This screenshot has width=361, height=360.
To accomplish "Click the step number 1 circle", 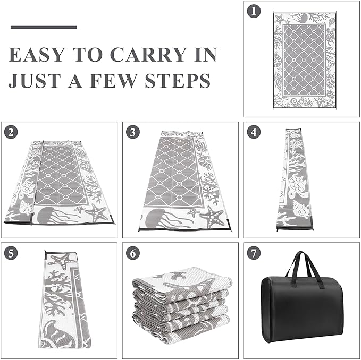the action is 254,12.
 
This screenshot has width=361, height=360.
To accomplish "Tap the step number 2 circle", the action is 11,132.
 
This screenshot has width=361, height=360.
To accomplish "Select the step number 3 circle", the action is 132,132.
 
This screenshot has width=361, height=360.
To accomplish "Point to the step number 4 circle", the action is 254,132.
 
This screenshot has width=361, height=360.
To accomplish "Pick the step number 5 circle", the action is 11,253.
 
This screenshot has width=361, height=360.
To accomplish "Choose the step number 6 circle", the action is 132,253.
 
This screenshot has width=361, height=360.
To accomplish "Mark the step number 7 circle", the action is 254,253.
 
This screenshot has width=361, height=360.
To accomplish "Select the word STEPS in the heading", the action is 178,81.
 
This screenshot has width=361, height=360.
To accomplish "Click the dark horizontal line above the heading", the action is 44,27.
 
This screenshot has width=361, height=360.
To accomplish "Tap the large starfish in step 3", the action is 212,217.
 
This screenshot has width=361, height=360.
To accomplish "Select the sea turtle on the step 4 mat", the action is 297,185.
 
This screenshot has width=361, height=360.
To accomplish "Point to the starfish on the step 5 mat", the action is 63,261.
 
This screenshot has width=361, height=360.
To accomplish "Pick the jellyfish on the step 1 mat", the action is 300,18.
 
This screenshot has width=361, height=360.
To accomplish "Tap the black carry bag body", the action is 302,309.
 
